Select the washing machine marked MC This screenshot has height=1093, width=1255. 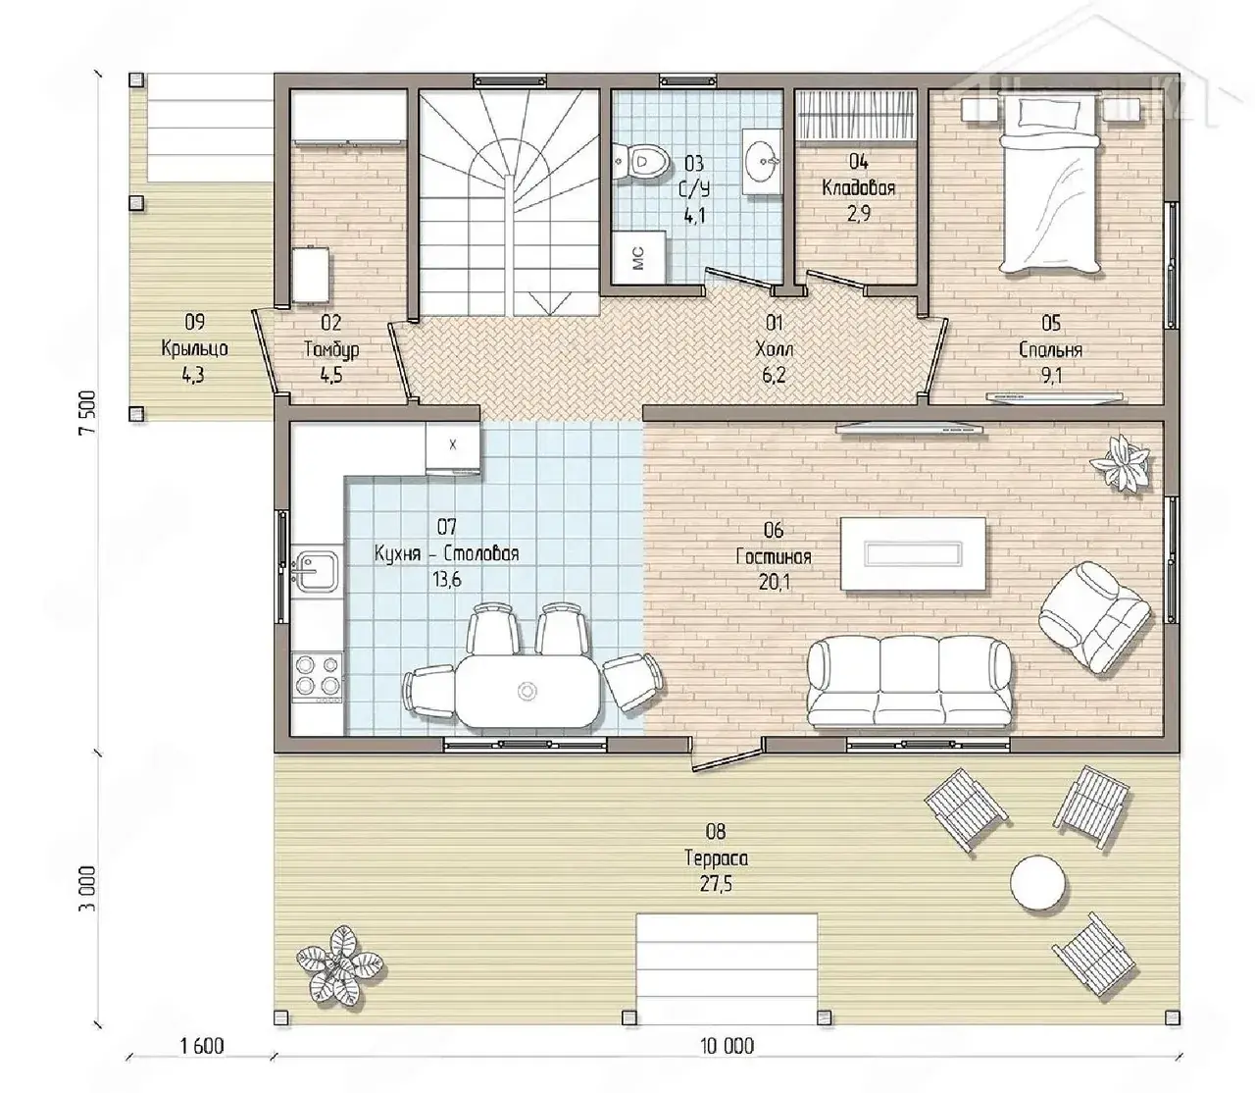pyautogui.click(x=638, y=257)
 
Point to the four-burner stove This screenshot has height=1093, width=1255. pyautogui.click(x=317, y=676)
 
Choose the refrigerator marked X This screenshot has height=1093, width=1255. pyautogui.click(x=453, y=447)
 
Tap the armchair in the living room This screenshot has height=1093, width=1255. pyautogui.click(x=1093, y=617)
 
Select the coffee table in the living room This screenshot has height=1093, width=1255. pyautogui.click(x=913, y=553)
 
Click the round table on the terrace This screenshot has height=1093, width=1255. pyautogui.click(x=1036, y=882)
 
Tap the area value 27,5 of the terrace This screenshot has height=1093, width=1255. pyautogui.click(x=716, y=884)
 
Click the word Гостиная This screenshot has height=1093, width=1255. pyautogui.click(x=773, y=556)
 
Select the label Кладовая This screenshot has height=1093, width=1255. pyautogui.click(x=858, y=187)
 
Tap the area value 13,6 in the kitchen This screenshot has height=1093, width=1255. pyautogui.click(x=446, y=579)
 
